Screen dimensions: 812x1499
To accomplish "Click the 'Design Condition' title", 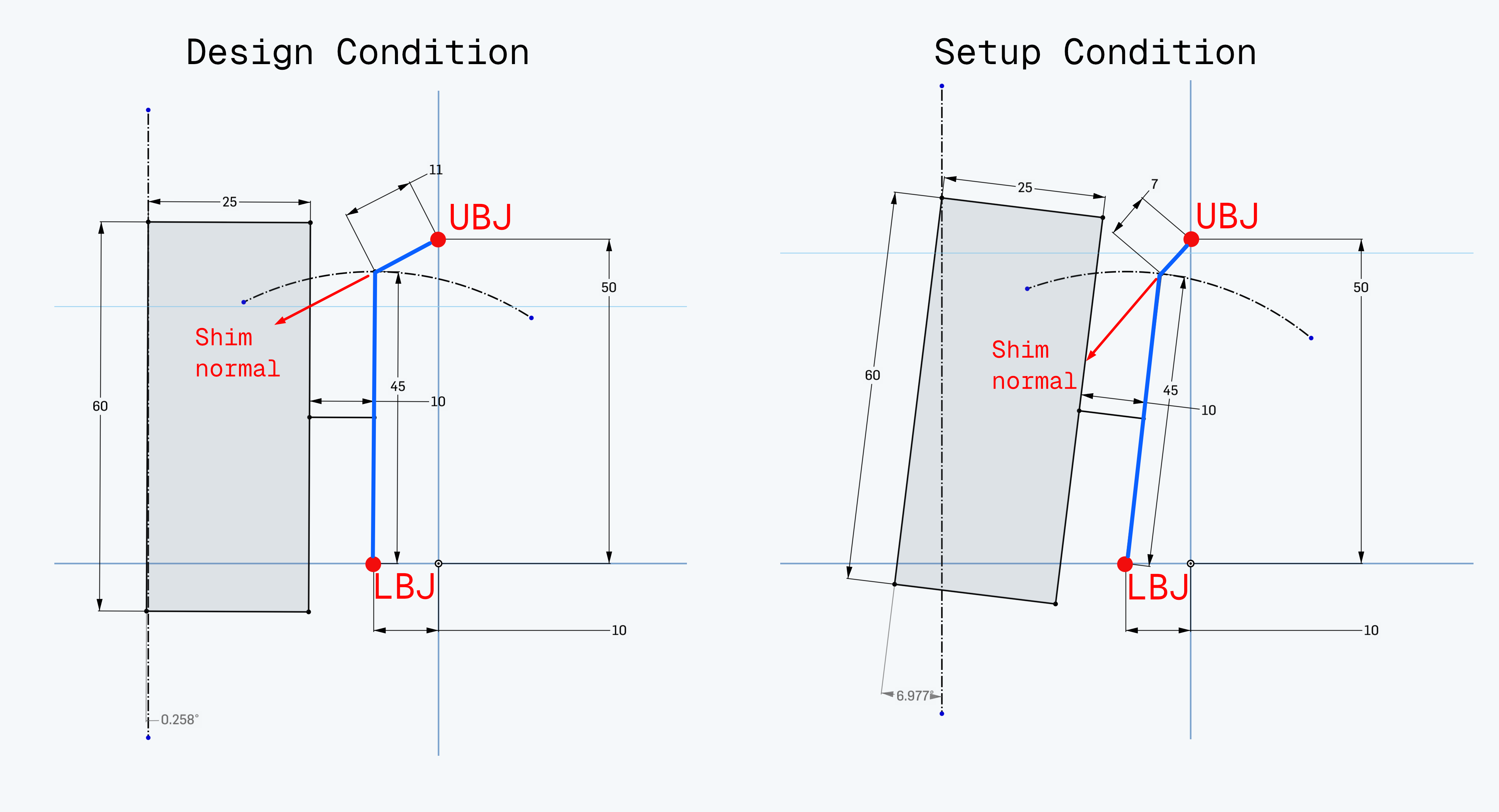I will (357, 52).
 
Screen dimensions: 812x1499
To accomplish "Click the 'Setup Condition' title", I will (1095, 52).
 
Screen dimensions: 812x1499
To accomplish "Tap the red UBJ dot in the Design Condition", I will (438, 239).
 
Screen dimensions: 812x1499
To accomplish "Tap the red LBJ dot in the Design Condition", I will (373, 563).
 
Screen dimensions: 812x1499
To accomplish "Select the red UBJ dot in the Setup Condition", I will (1191, 239).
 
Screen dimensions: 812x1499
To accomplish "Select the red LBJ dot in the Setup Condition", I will (1125, 563).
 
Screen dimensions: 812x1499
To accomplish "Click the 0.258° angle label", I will (179, 719).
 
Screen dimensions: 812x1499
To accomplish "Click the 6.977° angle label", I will (915, 695).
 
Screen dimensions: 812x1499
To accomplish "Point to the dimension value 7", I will (1155, 184).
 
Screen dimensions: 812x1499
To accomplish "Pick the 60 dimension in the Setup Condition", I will (872, 375).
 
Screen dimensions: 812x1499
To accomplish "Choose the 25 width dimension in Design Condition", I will (230, 202).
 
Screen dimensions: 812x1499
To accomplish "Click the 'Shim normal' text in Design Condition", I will (237, 353).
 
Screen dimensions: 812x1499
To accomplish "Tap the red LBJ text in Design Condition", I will (404, 587).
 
